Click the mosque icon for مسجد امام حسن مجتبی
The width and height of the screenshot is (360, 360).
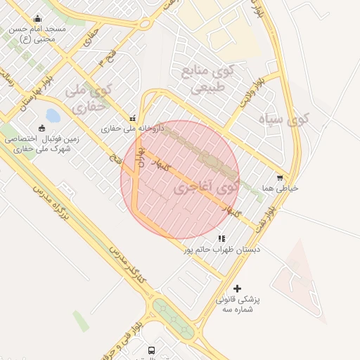click(x=37, y=19)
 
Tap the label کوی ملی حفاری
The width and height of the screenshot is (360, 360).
click(x=89, y=98)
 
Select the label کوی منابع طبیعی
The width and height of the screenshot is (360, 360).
click(x=205, y=79)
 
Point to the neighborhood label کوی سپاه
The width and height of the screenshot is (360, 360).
click(x=283, y=119)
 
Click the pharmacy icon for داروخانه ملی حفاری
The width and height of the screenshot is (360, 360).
click(x=132, y=118)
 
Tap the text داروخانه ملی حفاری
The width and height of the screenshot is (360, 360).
click(x=132, y=129)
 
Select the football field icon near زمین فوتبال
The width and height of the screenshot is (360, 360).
click(x=42, y=128)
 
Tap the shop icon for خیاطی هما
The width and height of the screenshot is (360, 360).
click(x=281, y=178)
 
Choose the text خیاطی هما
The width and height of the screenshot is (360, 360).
click(x=280, y=188)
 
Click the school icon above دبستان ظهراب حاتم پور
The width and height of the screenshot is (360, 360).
click(x=222, y=239)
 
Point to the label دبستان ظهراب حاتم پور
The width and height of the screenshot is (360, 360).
click(x=222, y=250)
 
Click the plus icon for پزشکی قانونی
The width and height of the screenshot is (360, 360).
click(x=237, y=288)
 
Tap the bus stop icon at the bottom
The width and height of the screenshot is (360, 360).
click(x=151, y=350)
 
